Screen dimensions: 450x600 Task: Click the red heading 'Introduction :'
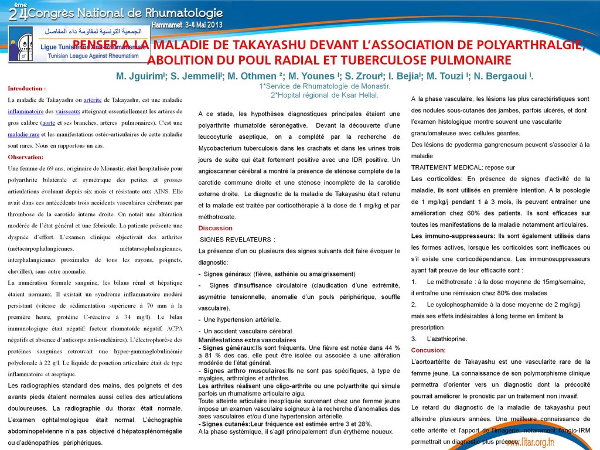click(27, 88)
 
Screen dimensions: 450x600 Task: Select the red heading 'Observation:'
click(26, 157)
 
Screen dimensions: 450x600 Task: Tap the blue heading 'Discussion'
click(215, 228)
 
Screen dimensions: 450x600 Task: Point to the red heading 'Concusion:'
click(428, 350)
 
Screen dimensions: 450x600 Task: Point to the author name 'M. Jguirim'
click(141, 76)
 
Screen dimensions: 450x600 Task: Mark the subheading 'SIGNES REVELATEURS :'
click(237, 240)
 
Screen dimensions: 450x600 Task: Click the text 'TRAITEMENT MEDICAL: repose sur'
click(455, 167)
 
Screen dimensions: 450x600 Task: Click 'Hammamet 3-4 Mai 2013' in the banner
click(187, 26)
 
